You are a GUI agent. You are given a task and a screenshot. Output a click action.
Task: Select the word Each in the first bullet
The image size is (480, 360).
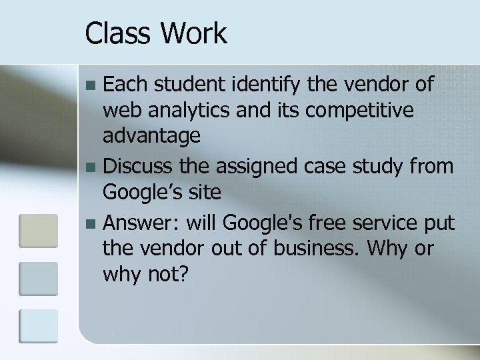point(126,85)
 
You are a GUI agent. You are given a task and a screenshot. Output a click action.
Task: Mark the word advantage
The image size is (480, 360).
point(151,135)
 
